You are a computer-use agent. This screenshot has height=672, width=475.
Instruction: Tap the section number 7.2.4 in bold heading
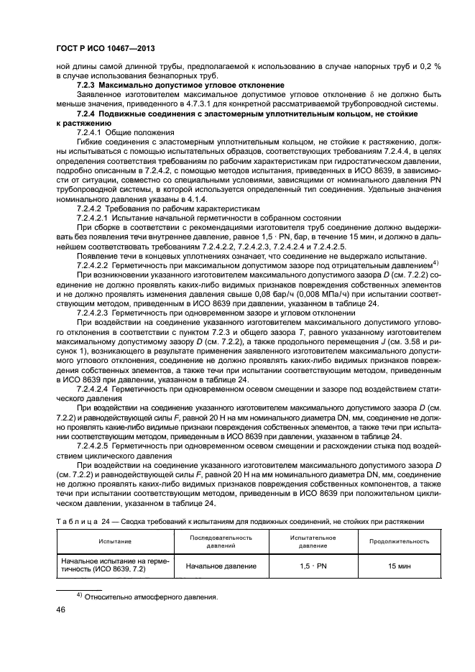[x=86, y=114]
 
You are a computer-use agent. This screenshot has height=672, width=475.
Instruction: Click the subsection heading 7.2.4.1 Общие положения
[x=125, y=133]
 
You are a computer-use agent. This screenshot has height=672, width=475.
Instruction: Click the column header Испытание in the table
[x=115, y=542]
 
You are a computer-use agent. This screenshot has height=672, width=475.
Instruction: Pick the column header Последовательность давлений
[x=221, y=542]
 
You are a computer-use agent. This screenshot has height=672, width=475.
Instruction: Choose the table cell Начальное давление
[x=221, y=566]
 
